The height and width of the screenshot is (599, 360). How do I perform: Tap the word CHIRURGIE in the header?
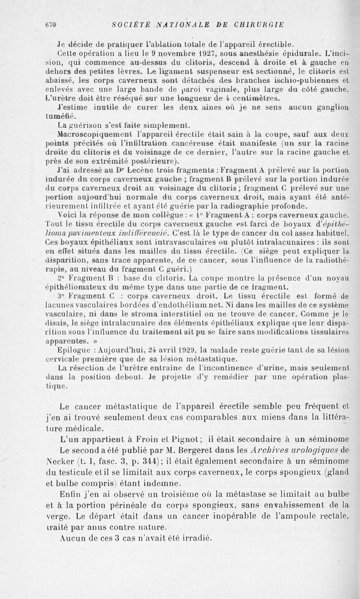(x=258, y=25)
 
